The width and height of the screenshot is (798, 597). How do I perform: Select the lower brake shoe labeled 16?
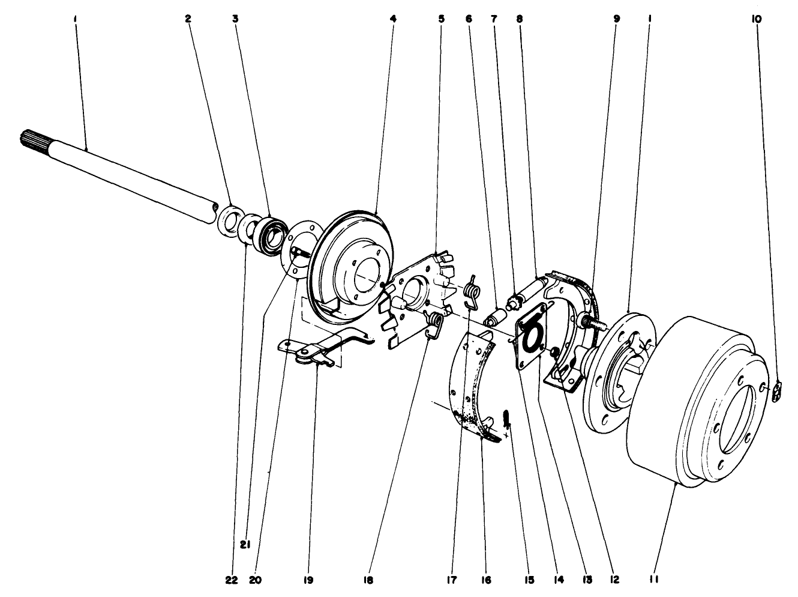[474, 384]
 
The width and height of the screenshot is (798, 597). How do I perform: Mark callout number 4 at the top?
[392, 19]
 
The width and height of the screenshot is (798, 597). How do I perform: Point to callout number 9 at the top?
[616, 19]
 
